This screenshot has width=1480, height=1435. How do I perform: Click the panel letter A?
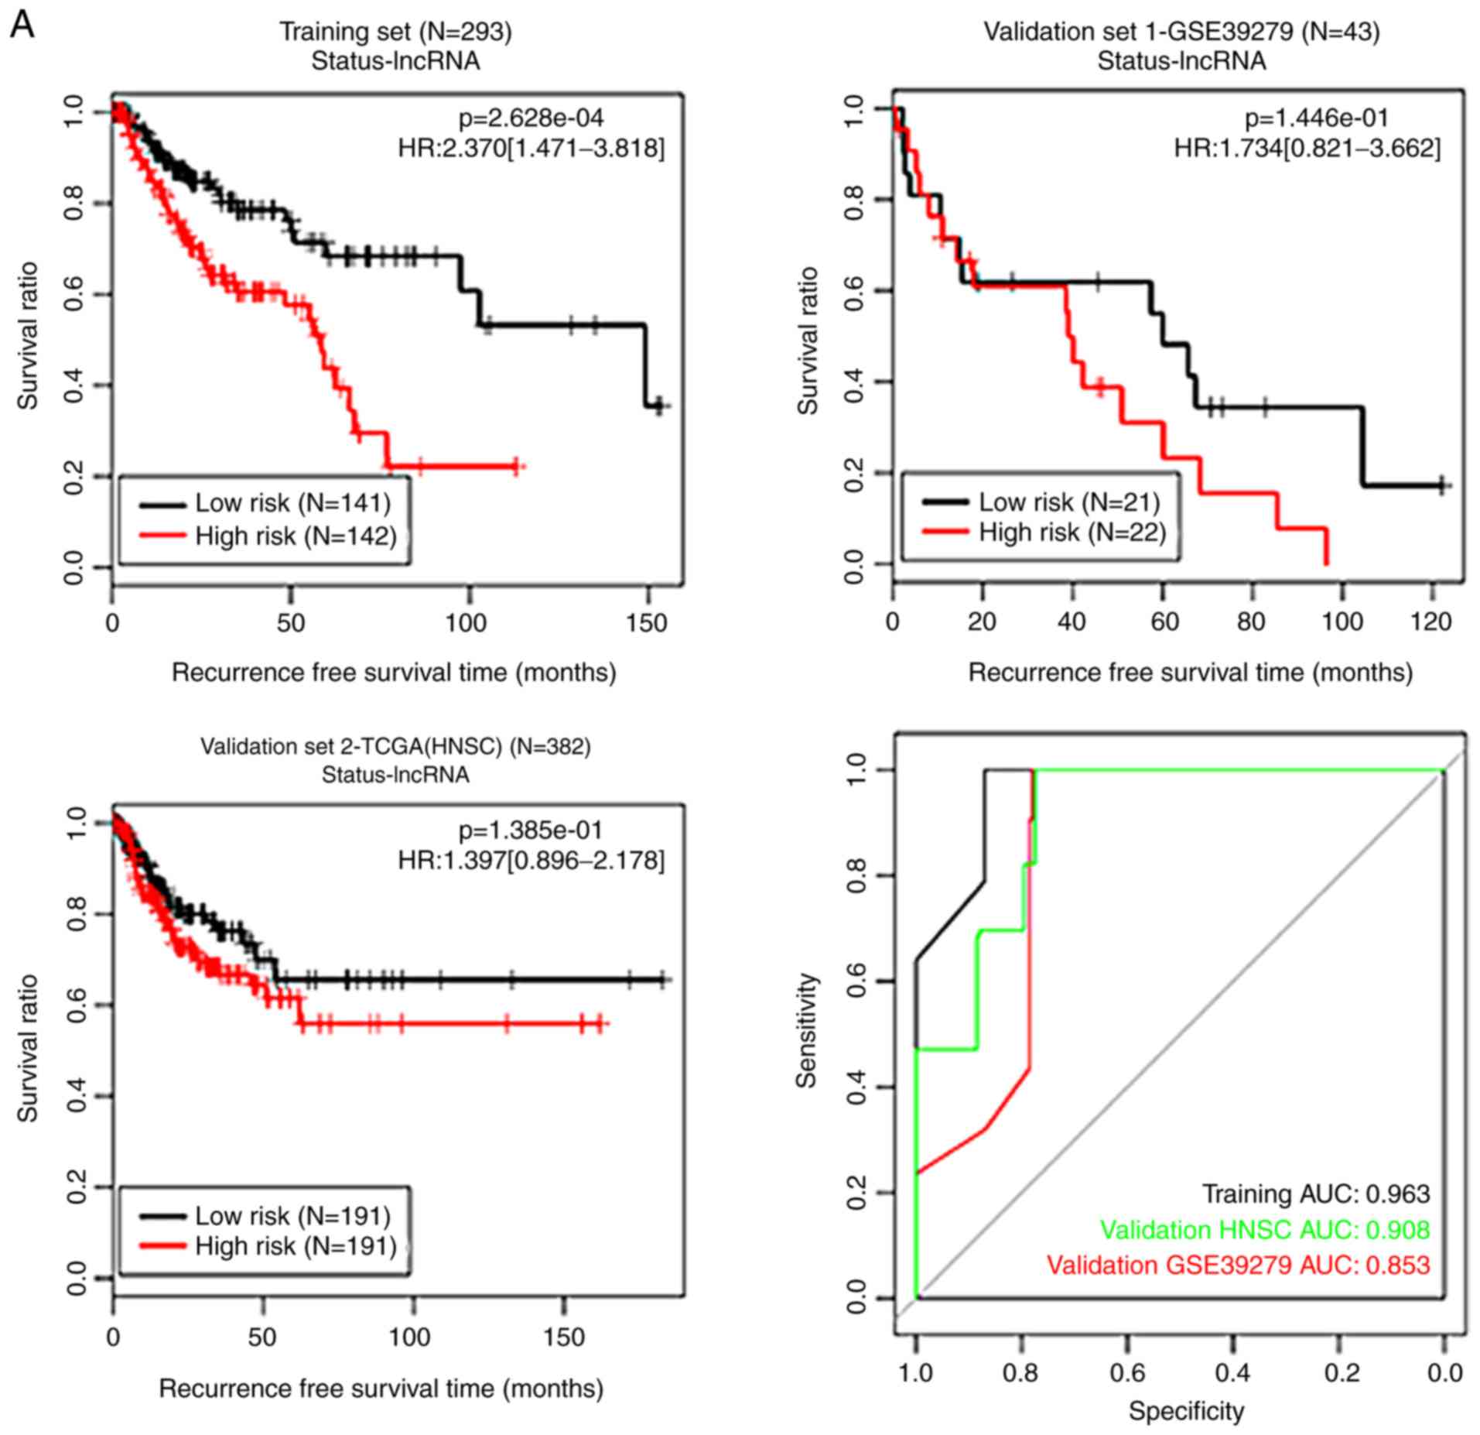[22, 25]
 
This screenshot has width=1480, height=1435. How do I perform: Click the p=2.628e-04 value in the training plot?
[531, 118]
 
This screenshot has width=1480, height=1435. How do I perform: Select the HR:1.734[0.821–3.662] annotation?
[1307, 149]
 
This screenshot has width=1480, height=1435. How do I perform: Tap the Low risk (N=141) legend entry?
[292, 503]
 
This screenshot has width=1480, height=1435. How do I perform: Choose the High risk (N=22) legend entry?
[1072, 533]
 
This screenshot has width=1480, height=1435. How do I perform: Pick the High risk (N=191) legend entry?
[296, 1245]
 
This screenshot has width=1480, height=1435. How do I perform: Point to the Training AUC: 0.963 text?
[1315, 1194]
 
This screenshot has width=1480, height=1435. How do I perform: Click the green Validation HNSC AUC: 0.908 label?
[1265, 1229]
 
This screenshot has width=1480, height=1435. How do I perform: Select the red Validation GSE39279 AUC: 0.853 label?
[1238, 1265]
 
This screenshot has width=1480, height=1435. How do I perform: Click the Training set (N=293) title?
[395, 32]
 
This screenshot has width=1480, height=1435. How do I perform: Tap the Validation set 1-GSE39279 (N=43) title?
[1181, 32]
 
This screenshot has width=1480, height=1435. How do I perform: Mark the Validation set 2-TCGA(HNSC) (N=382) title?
[395, 746]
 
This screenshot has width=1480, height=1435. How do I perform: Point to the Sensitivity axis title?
[807, 1030]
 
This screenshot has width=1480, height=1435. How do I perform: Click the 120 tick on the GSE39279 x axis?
[1430, 622]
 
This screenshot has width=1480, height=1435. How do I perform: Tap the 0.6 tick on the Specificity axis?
[1127, 1372]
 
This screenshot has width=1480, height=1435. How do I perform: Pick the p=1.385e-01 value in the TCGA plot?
[531, 831]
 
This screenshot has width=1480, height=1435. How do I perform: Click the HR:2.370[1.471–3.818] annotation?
[531, 149]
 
